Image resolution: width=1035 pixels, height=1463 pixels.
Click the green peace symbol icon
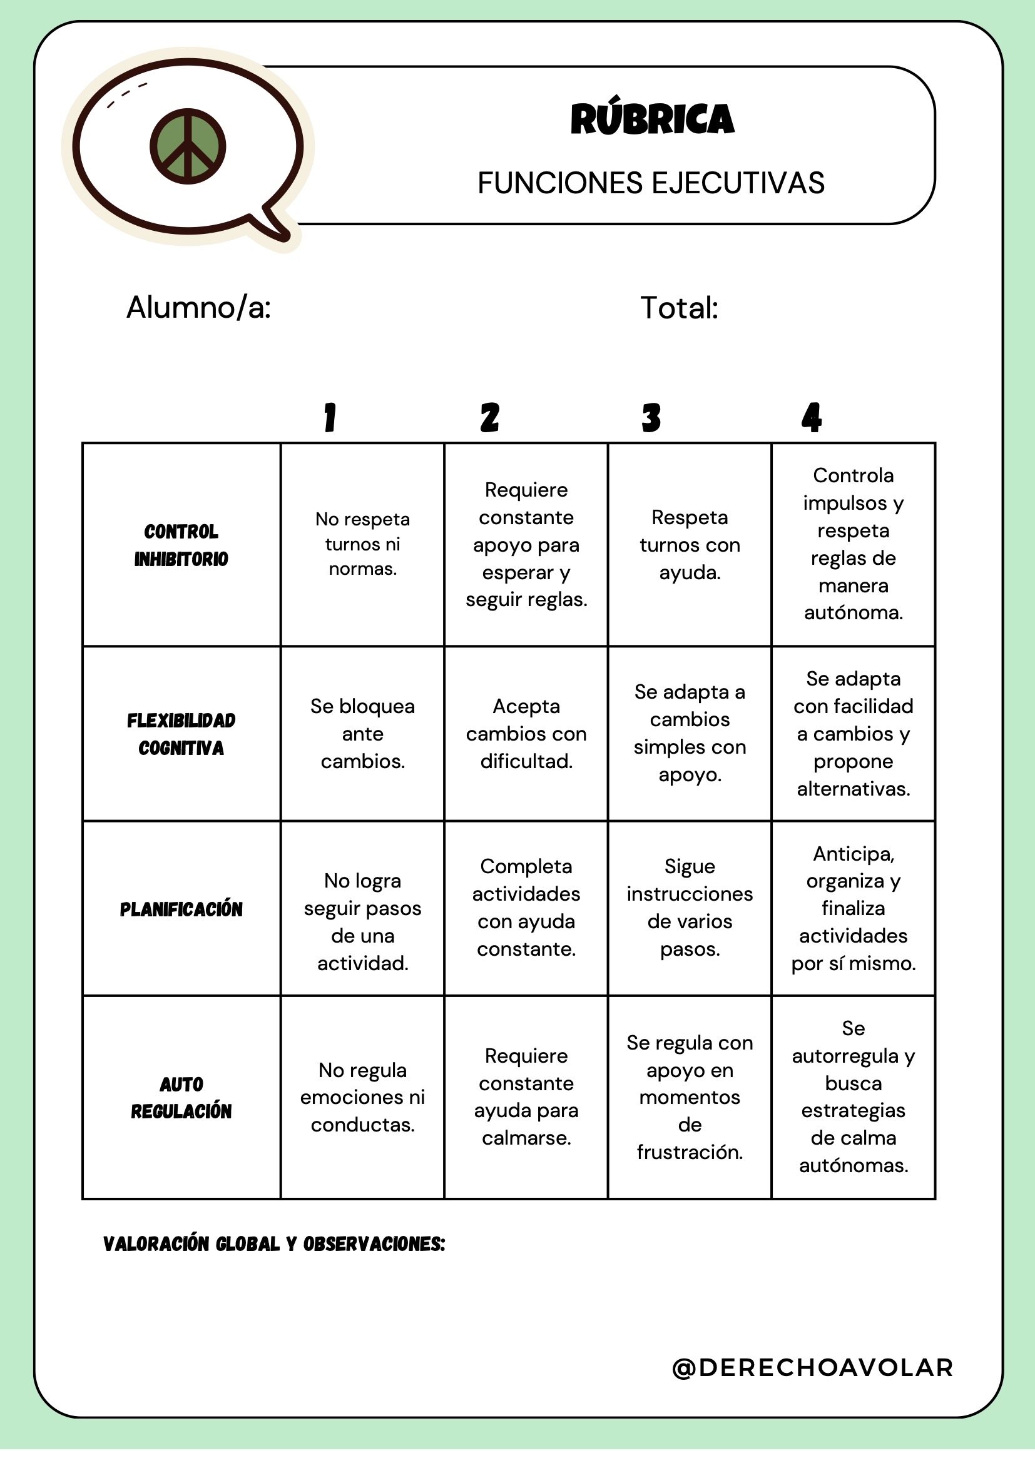tap(187, 146)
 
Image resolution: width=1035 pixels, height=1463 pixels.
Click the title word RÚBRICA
tap(652, 119)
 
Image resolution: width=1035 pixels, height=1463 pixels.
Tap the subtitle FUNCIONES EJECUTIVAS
tap(651, 183)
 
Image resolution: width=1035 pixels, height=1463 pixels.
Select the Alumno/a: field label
tap(199, 308)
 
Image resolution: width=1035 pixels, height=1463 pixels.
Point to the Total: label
tap(679, 308)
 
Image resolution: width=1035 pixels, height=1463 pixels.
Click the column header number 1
tap(330, 418)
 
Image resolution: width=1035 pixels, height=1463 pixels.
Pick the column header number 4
tap(812, 418)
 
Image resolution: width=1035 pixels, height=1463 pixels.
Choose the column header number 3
tap(651, 418)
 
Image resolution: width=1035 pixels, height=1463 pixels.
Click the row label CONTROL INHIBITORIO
tap(181, 545)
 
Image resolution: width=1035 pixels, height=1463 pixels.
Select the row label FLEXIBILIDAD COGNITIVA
tap(181, 734)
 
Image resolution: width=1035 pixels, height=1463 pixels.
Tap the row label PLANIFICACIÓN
tap(181, 909)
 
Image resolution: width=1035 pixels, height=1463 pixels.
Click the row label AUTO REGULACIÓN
tap(181, 1097)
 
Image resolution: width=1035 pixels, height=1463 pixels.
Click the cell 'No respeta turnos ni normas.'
tap(363, 544)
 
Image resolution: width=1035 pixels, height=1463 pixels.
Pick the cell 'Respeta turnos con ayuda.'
tap(690, 545)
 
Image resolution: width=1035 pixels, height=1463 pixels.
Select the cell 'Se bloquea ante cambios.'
tap(363, 734)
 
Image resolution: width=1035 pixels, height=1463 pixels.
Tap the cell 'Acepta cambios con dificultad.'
tap(526, 734)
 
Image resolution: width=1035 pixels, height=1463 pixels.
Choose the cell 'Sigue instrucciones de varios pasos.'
tap(690, 908)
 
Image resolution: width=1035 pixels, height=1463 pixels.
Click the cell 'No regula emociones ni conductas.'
tap(363, 1097)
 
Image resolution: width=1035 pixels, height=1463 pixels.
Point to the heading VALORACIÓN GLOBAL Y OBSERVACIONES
tap(274, 1244)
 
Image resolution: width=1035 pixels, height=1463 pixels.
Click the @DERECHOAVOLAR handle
tap(813, 1367)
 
